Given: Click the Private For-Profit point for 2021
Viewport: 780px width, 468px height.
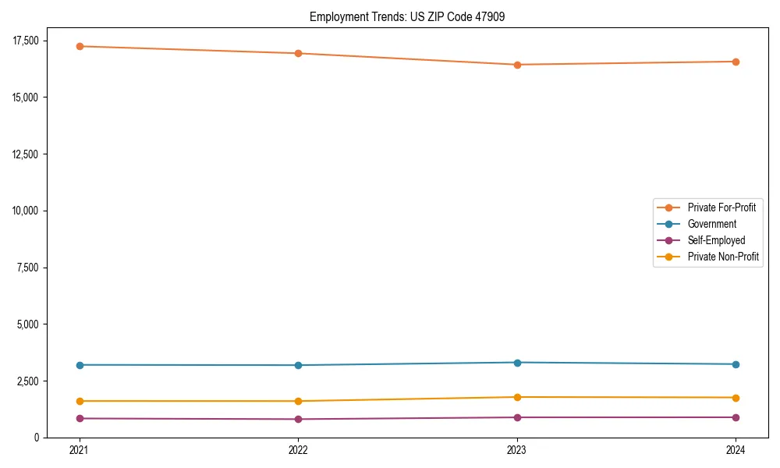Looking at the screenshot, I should point(80,46).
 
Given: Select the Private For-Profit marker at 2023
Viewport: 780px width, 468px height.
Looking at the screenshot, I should point(517,65).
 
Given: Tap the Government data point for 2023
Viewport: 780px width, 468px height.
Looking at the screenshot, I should point(517,363).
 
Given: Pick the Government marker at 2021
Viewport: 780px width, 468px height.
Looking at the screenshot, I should point(80,365).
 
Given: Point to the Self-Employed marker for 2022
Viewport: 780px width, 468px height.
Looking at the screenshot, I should point(298,419).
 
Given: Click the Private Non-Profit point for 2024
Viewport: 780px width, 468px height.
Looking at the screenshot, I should point(736,398).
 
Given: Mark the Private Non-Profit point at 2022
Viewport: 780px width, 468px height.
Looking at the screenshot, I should point(298,401).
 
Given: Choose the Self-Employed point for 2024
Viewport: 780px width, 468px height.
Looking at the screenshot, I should point(736,417).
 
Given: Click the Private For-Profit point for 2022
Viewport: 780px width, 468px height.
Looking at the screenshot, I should point(298,53).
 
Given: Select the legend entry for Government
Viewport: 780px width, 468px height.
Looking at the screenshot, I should point(711,224).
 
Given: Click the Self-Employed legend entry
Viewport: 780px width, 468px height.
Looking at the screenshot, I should point(716,240).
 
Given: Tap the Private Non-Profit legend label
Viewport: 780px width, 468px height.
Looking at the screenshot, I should point(723,257).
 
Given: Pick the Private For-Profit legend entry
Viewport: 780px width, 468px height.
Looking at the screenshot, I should point(721,207).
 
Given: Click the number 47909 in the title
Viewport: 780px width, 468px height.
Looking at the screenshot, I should point(489,16).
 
